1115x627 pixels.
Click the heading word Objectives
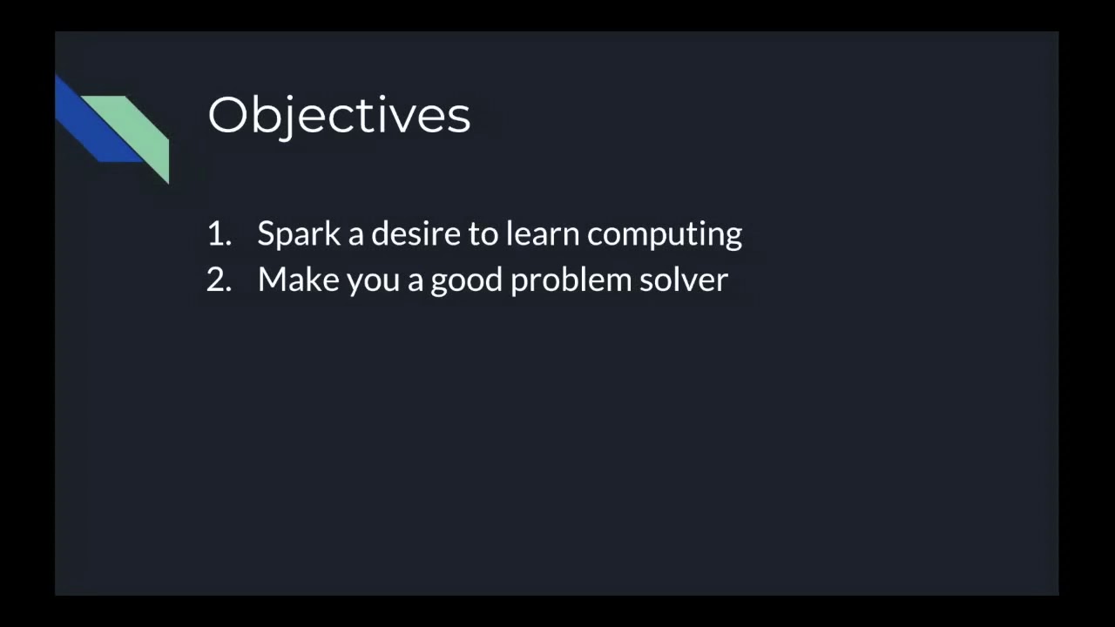pyautogui.click(x=339, y=115)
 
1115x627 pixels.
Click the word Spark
pyautogui.click(x=299, y=233)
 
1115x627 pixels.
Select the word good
pyautogui.click(x=466, y=281)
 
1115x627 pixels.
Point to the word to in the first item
pyautogui.click(x=483, y=233)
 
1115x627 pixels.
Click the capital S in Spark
pyautogui.click(x=266, y=233)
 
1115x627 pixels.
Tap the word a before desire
pyautogui.click(x=355, y=235)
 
